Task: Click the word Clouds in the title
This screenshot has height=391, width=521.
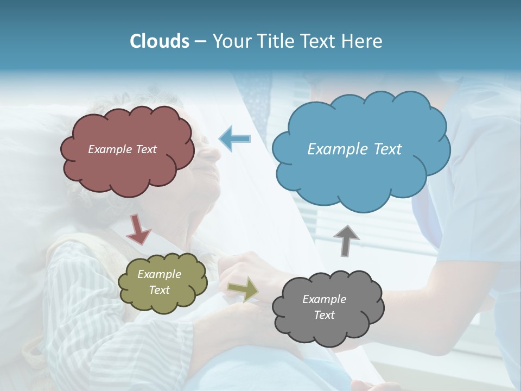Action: [x=160, y=41]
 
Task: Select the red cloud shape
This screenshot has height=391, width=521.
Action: [x=128, y=168]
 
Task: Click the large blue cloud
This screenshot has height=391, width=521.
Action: [x=361, y=174]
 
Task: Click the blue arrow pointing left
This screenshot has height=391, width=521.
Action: [x=235, y=139]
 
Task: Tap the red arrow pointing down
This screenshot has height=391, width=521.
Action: [x=138, y=229]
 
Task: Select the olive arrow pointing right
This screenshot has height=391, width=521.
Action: [x=243, y=288]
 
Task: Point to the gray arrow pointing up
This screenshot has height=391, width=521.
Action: [x=346, y=241]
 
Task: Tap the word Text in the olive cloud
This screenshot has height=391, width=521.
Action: [x=159, y=290]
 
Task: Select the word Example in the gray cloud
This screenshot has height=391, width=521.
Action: [x=324, y=299]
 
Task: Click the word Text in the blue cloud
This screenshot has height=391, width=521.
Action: [x=387, y=149]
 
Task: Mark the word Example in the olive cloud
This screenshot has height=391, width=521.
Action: [x=159, y=274]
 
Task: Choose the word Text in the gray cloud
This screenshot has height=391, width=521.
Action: [x=324, y=315]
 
